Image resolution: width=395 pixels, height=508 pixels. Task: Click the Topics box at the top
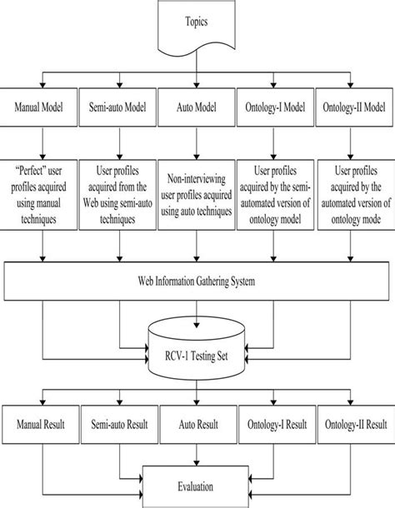pyautogui.click(x=197, y=25)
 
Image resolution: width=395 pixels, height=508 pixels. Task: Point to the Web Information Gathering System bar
pyautogui.click(x=197, y=281)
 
